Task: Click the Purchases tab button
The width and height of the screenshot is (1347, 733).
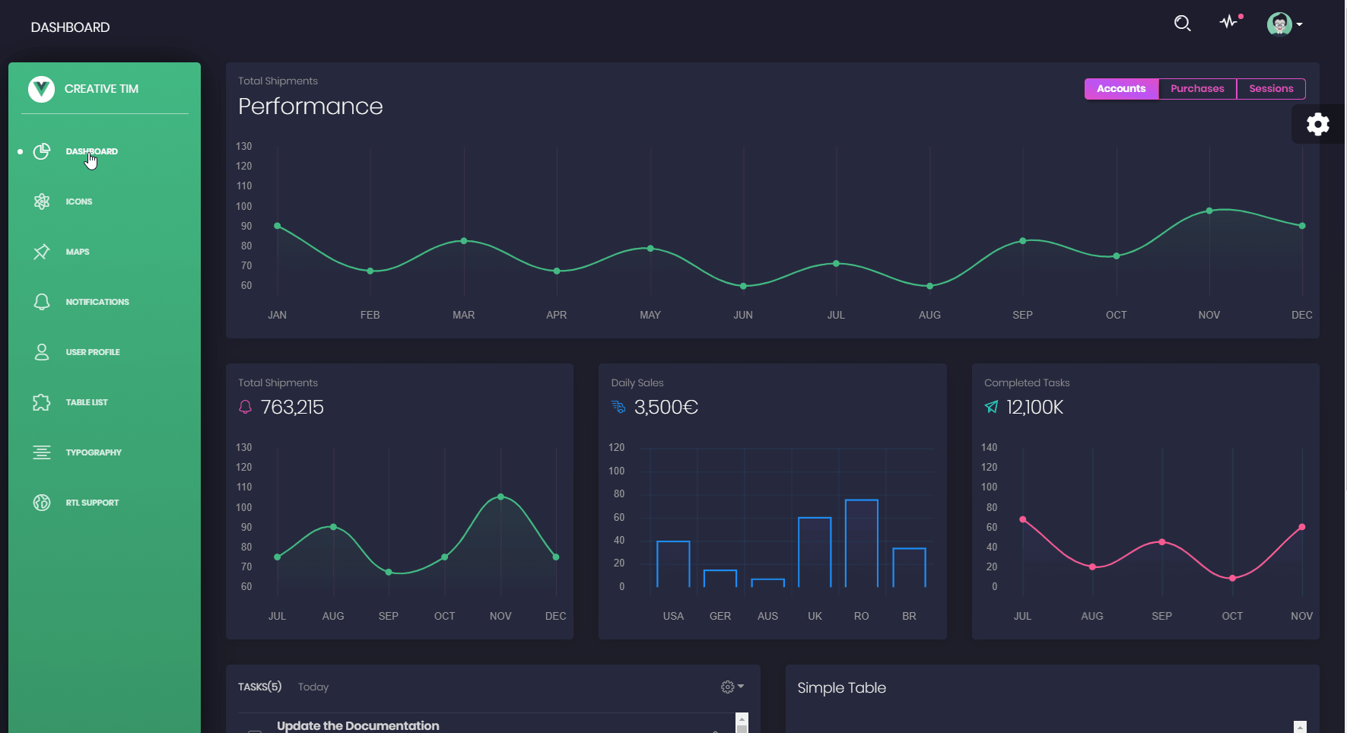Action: (1197, 89)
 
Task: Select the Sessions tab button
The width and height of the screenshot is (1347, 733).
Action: (1271, 89)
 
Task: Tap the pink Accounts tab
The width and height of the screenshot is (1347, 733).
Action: (1121, 89)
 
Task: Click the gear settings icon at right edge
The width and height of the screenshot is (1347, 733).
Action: (1317, 124)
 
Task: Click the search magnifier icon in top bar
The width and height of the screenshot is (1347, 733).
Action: (1182, 24)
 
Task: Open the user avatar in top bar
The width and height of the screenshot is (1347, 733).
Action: (1279, 24)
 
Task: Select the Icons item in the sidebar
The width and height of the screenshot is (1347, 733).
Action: (78, 201)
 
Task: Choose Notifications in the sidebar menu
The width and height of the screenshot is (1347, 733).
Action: (97, 302)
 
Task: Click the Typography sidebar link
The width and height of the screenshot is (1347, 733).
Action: (93, 452)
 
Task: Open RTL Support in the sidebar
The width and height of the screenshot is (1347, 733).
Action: (92, 503)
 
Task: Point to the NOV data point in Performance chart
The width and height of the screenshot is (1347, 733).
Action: (1209, 211)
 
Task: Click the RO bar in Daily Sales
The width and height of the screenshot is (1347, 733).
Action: (861, 543)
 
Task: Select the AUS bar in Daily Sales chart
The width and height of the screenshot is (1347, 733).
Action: (767, 582)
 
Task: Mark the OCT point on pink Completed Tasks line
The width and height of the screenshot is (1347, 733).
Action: (1232, 578)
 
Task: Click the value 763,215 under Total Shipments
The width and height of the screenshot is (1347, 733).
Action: (292, 408)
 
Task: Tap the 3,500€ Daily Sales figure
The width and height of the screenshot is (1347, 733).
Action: (666, 408)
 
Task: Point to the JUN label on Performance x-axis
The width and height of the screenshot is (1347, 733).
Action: (743, 315)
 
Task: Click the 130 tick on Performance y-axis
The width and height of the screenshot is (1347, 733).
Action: (243, 146)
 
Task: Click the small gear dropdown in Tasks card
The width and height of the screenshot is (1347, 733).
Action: (732, 687)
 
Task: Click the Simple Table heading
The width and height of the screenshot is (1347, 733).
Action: (841, 688)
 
